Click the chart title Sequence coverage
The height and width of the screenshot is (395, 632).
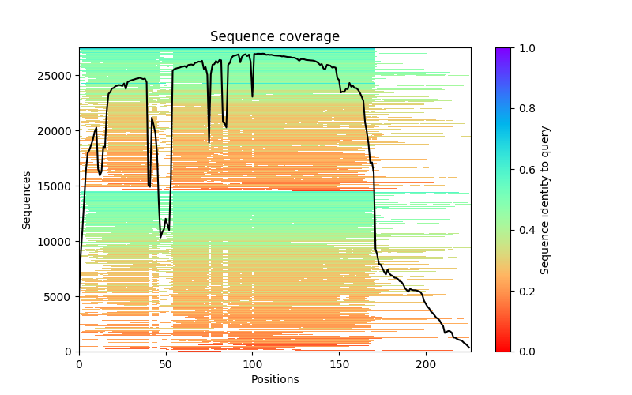(274, 36)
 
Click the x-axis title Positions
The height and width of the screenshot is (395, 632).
(274, 379)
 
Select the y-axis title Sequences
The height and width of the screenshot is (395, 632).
(27, 200)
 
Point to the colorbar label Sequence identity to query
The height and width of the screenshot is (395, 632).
(545, 200)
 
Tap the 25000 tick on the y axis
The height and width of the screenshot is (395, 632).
(62, 76)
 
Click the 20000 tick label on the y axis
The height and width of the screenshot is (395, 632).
(62, 131)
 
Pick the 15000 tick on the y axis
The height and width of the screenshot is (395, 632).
(62, 186)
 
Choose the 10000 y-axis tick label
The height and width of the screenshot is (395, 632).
(62, 241)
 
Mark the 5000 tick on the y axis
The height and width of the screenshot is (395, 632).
(65, 296)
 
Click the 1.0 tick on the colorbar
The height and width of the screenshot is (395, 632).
(523, 48)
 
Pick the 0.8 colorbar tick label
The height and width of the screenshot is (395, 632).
(523, 109)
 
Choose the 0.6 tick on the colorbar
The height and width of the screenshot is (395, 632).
(523, 170)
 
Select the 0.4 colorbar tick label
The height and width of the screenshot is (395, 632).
(523, 230)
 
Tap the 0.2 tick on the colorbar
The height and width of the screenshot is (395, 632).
(523, 291)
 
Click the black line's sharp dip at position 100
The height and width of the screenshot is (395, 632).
(253, 96)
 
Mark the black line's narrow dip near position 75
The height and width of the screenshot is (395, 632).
(209, 142)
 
